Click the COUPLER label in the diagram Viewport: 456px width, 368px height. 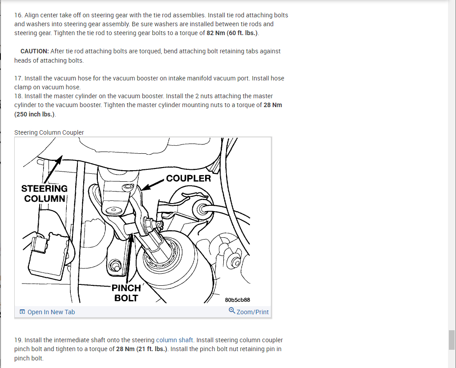pos(188,178)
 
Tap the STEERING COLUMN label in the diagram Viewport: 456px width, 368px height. pos(44,193)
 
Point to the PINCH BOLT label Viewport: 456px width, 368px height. pos(126,293)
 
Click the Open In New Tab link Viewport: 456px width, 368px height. pos(51,312)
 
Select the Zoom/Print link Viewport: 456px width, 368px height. pos(252,312)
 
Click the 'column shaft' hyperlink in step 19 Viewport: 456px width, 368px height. pos(175,340)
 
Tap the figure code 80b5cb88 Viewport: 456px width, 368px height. pos(243,300)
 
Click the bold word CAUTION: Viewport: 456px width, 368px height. pos(35,51)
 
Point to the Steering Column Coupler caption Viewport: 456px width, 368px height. pos(49,132)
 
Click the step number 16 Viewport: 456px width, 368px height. pos(18,15)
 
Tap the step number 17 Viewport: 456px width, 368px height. pos(18,78)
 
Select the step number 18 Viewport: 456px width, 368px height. pos(18,96)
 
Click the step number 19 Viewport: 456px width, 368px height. pos(18,340)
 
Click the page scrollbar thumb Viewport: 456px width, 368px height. pos(452,340)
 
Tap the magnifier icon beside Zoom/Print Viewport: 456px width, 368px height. pos(232,311)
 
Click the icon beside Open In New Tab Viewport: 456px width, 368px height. pos(22,312)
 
